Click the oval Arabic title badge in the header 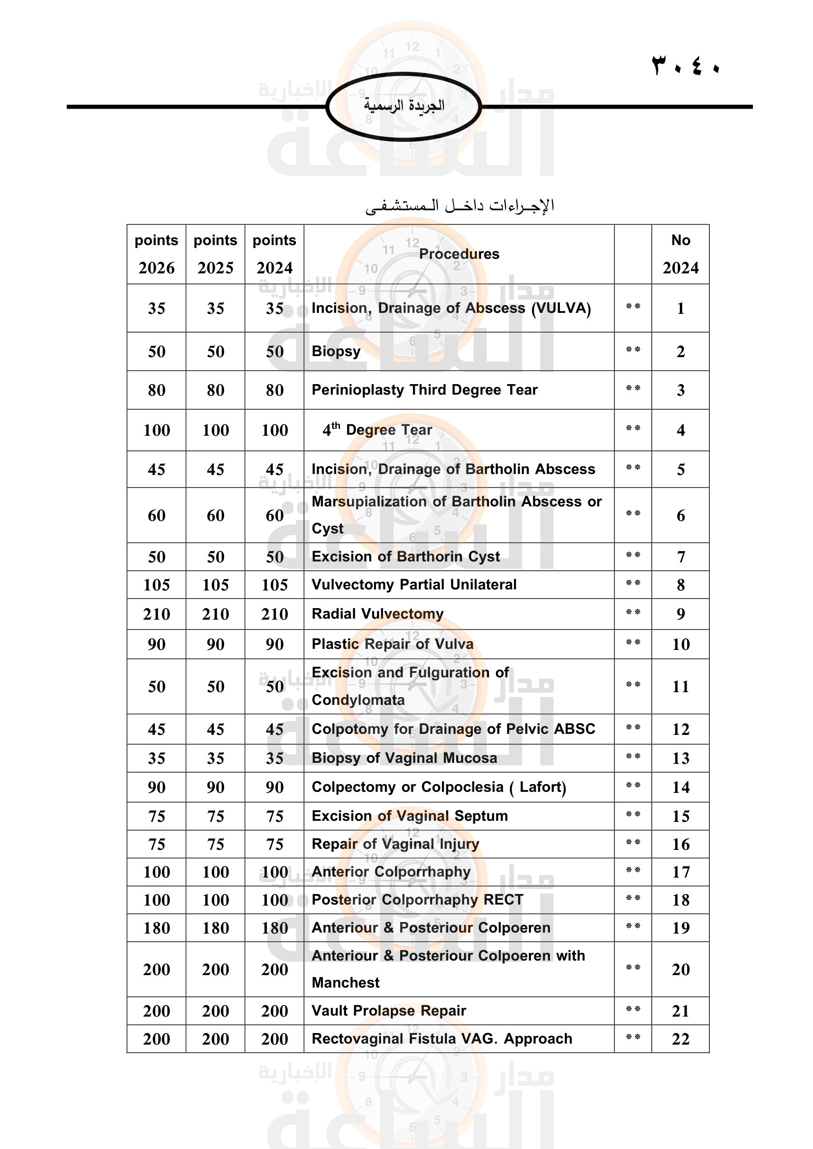[404, 106]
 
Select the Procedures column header [459, 253]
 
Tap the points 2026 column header [156, 253]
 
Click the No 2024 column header [680, 253]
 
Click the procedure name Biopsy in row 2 [336, 351]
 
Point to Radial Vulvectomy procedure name [377, 614]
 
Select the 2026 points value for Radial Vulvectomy [156, 614]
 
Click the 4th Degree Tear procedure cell [377, 430]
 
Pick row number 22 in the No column [680, 1039]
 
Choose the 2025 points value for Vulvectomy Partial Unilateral [215, 585]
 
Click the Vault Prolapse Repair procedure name [388, 1011]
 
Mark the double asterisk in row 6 [633, 514]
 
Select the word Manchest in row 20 [346, 983]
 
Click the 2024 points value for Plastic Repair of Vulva [274, 644]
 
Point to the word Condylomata [358, 700]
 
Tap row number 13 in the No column [680, 758]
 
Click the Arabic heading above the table [460, 206]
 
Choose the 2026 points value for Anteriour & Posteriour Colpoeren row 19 [156, 928]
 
